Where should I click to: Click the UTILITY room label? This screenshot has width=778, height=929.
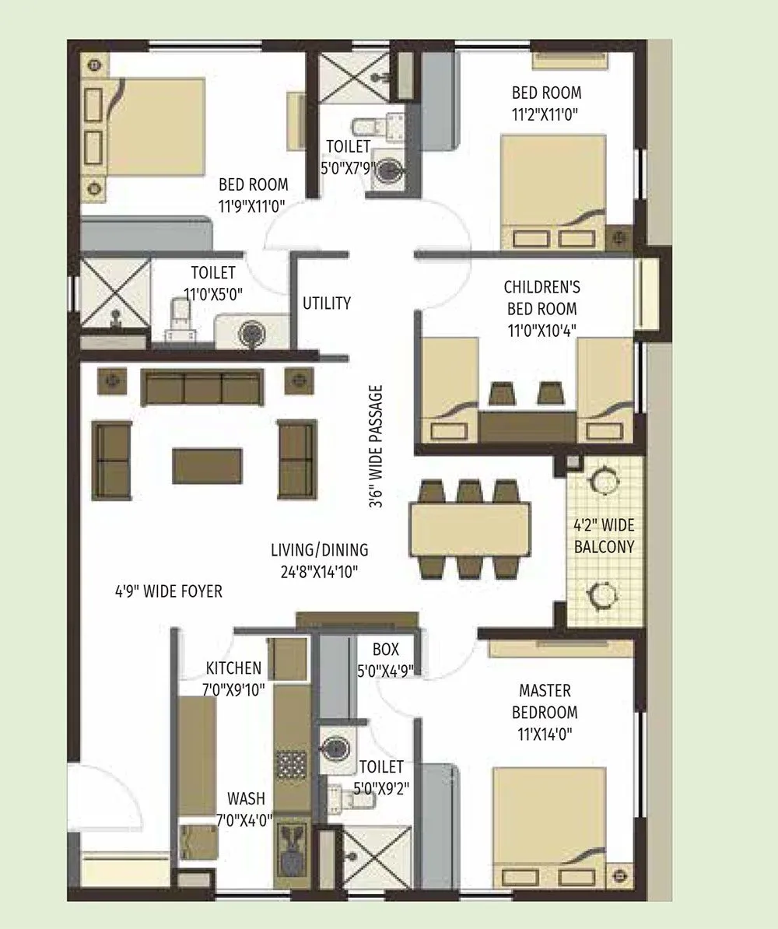(x=327, y=303)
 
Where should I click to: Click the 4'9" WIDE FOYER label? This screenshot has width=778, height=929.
(x=168, y=592)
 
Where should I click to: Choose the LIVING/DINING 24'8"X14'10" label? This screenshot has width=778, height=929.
(x=320, y=561)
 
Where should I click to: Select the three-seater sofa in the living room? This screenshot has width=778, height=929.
(x=202, y=387)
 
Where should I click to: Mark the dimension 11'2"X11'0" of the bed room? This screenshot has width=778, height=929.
(x=545, y=113)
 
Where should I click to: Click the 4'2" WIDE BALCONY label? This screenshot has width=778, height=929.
(x=605, y=535)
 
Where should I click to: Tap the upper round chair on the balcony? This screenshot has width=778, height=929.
(x=604, y=480)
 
